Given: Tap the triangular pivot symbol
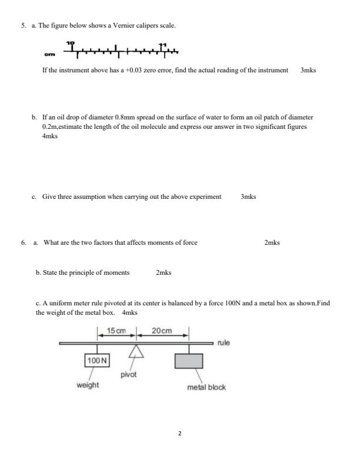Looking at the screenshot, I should coord(136,352).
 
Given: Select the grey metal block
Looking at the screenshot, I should coord(189,360).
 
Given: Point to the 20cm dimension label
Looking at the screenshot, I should coord(162,331).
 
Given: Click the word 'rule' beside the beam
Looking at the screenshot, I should coord(224,342).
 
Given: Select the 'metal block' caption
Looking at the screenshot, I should coord(206,387).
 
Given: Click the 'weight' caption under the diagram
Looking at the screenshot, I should coord(87,385).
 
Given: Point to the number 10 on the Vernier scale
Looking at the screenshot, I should coord(71,44).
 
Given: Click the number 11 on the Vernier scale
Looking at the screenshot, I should coord(163,44).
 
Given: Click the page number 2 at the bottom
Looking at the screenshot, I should coord(180,434).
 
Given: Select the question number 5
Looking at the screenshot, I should coord(23,26).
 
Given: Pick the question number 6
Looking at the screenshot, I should coord(23,242).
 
